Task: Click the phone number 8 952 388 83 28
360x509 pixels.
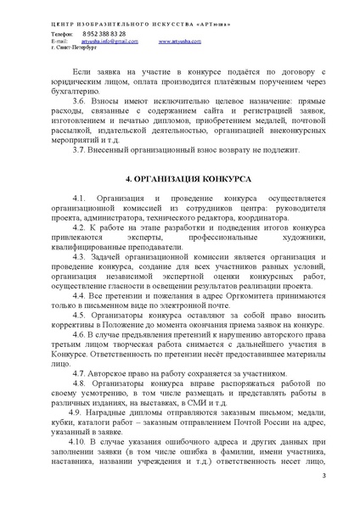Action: click(x=98, y=33)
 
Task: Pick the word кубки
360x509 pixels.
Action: click(x=63, y=417)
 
